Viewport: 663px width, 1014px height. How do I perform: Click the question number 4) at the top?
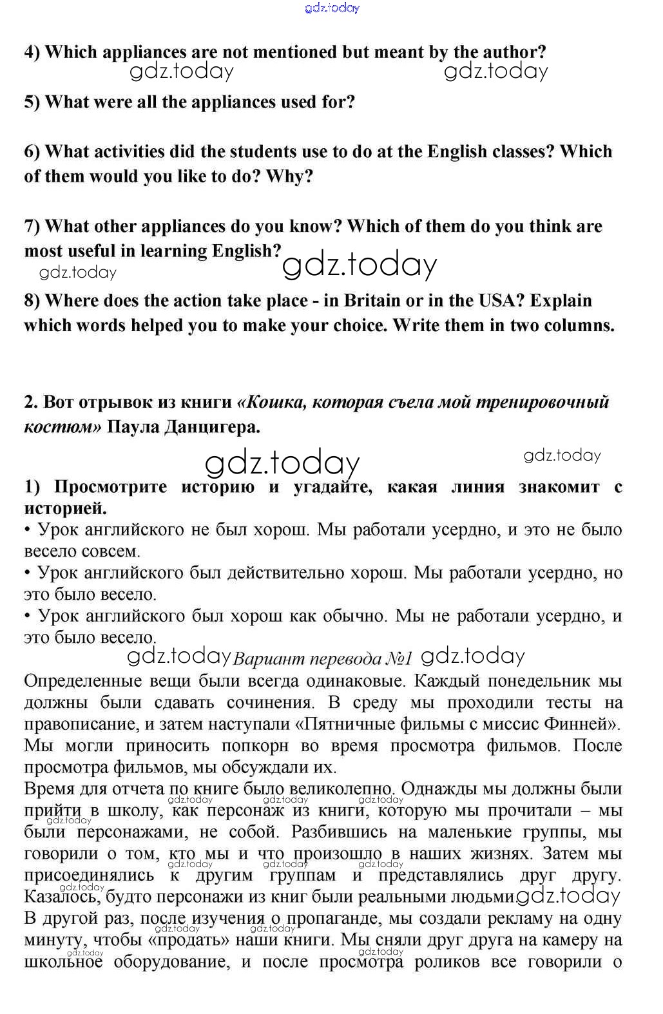pyautogui.click(x=32, y=52)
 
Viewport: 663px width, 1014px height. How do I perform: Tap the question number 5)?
pyautogui.click(x=32, y=102)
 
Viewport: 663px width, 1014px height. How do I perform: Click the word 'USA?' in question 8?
pyautogui.click(x=501, y=301)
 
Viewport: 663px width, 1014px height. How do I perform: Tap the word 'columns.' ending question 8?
pyautogui.click(x=579, y=325)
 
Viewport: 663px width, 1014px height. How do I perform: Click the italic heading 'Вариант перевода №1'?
pyautogui.click(x=322, y=659)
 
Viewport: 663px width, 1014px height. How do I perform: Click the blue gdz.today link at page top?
pyautogui.click(x=331, y=8)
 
